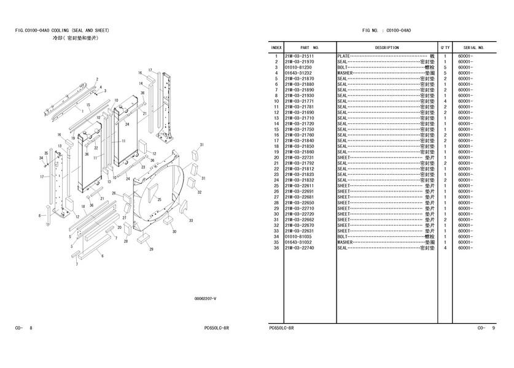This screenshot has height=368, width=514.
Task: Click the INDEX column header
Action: point(276,47)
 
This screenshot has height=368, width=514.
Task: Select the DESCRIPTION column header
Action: point(386,47)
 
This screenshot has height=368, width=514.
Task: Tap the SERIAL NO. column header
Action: point(473,47)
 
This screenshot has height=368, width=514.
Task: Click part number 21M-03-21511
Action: point(299,56)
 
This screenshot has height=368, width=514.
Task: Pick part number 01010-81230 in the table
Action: point(299,67)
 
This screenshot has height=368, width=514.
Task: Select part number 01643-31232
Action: point(299,73)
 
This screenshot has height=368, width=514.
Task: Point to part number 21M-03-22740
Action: point(299,248)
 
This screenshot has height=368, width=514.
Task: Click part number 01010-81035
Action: point(299,237)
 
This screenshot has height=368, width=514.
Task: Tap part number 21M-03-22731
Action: point(299,158)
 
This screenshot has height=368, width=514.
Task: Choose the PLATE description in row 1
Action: point(344,56)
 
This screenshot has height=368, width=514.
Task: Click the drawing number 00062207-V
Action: point(206,299)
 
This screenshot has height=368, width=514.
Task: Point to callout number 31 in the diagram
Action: point(201,145)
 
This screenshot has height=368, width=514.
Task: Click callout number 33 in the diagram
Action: point(192,220)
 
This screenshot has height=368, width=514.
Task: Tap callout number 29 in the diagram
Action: point(150,250)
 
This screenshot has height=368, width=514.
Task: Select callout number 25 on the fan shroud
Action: point(158,199)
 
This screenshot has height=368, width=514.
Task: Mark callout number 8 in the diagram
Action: point(40,215)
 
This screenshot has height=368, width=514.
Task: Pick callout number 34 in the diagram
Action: point(41,158)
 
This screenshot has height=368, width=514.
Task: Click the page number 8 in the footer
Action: point(31,329)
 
